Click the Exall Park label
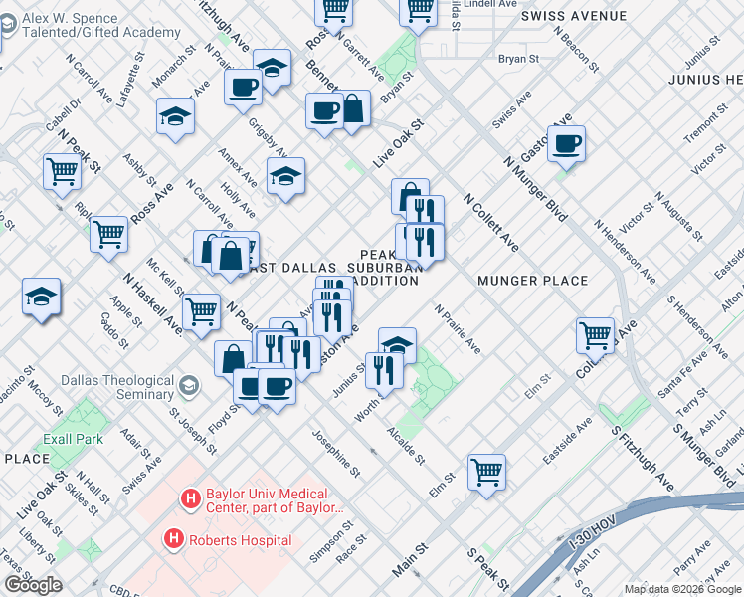73,439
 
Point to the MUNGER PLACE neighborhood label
534,281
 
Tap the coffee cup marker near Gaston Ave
566,142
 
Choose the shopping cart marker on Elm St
486,470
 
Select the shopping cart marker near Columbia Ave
595,334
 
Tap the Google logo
33,585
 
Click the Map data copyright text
682,589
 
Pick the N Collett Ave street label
490,222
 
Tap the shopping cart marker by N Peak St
62,171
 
